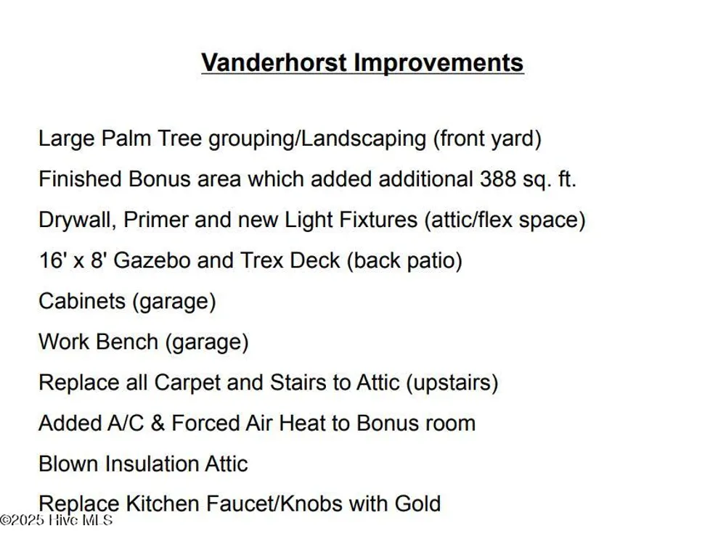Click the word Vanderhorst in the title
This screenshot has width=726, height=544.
tap(274, 62)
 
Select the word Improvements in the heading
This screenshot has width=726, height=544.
tap(439, 63)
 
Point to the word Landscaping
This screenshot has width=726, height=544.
tap(364, 139)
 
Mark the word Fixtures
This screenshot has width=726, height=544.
tap(378, 220)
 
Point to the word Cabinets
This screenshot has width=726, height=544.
tap(82, 301)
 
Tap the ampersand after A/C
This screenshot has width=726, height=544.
tap(158, 424)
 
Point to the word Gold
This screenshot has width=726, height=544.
tap(417, 504)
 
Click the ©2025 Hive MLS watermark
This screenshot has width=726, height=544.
tap(56, 520)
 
